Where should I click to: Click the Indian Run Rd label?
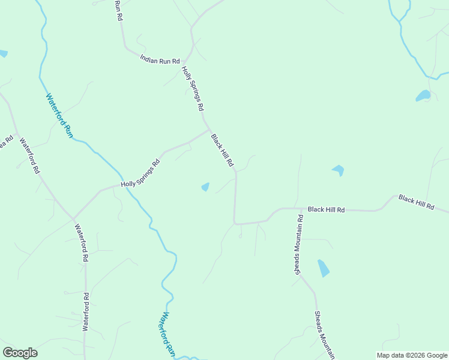point(160,60)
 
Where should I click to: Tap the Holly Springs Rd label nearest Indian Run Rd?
point(193,88)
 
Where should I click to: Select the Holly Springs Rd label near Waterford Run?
point(140,173)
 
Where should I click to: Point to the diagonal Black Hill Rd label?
point(221,150)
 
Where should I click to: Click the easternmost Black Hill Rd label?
point(416,202)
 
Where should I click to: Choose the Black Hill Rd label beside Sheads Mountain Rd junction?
point(326,209)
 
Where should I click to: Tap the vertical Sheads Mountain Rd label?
point(299,244)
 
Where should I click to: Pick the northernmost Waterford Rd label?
point(29,156)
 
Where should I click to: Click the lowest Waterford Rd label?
point(86,311)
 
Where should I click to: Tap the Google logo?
point(20,353)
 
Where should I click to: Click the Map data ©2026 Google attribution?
point(411,355)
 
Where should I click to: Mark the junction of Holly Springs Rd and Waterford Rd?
point(73,217)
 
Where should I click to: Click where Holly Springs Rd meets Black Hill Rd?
point(209,129)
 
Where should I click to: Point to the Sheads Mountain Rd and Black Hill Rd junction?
point(298,208)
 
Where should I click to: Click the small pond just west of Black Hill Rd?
point(205,187)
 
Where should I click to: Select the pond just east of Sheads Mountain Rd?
point(324,268)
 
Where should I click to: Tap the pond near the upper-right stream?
point(423,95)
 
